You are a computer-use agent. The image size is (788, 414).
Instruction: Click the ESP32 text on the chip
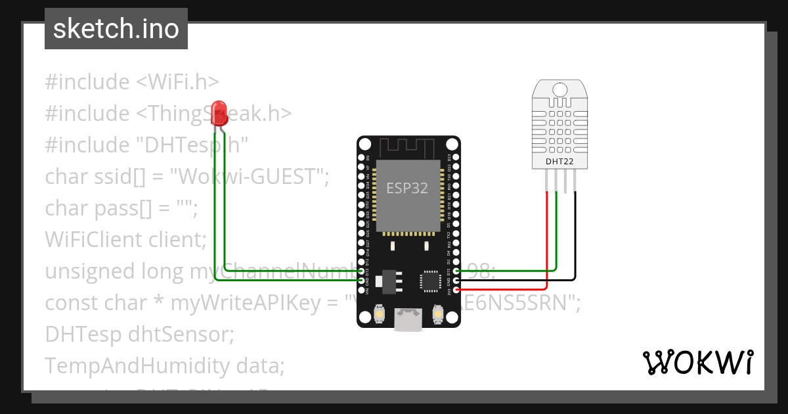406,189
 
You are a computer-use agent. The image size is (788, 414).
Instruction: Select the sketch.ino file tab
116,29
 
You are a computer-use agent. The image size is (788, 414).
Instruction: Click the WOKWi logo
697,362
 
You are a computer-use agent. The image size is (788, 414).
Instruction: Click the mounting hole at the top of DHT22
559,89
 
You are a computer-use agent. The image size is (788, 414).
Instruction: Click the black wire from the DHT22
576,237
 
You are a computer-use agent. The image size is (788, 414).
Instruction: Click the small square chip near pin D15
431,280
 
